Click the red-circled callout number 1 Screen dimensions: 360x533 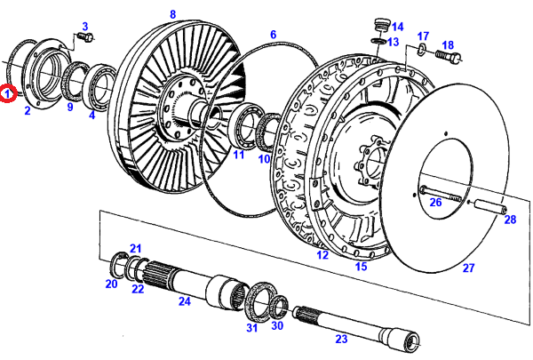point(8,92)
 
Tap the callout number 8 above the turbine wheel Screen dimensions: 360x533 point(172,13)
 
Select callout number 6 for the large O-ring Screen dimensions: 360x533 point(273,35)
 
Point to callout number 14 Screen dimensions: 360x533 point(397,26)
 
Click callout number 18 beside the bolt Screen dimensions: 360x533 point(448,45)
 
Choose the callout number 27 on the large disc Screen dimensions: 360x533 point(468,267)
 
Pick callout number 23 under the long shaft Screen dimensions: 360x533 point(341,338)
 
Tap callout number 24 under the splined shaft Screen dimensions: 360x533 point(185,301)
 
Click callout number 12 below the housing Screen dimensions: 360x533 point(322,255)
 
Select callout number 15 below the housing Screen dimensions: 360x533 point(361,266)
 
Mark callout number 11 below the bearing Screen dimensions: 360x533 point(238,156)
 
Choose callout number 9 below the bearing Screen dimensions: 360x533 point(71,107)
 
